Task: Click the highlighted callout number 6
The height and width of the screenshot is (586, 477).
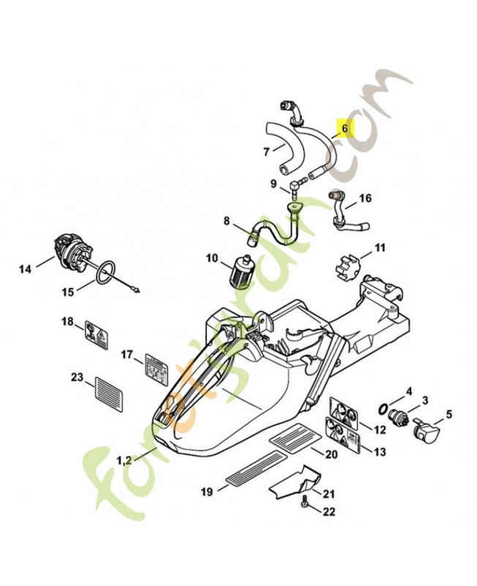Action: [345, 128]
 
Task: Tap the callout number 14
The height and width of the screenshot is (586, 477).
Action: [26, 269]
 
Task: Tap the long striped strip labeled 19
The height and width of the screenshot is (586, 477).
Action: [252, 468]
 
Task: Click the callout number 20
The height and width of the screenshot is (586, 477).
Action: [331, 454]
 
